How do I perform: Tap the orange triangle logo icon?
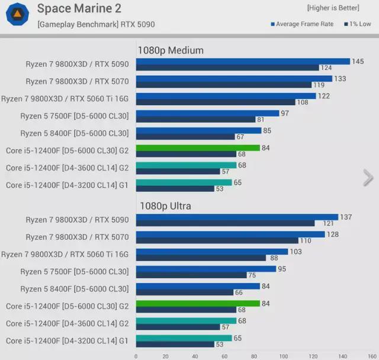[18, 13]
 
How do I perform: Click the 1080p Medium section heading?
[171, 50]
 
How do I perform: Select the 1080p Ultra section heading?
[165, 206]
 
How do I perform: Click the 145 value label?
[358, 62]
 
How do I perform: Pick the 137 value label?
[345, 217]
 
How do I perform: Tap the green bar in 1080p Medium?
[198, 148]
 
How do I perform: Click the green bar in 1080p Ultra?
[198, 304]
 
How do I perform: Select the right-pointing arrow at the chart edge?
[368, 177]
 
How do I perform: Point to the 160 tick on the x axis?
[372, 356]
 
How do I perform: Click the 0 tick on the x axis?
[136, 356]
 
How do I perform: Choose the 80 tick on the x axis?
[255, 356]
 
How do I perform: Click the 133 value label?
[340, 79]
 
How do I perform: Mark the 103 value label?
[295, 252]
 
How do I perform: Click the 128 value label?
[332, 234]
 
